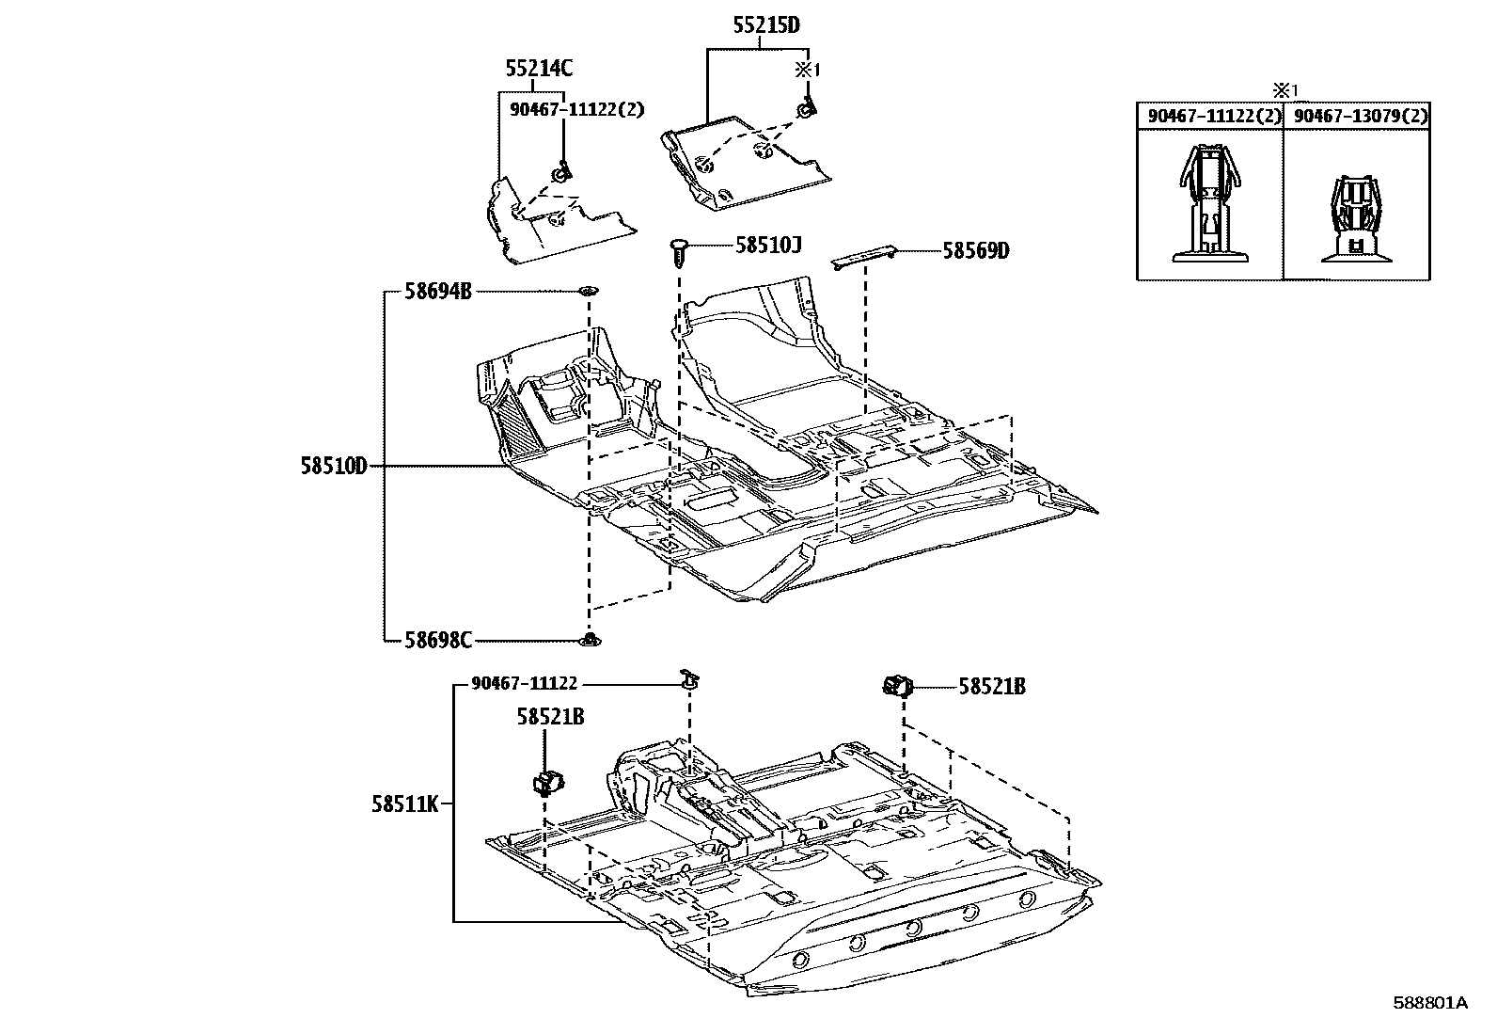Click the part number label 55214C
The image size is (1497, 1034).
(539, 68)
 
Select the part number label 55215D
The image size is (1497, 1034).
(766, 25)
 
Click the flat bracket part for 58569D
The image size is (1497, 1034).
(864, 255)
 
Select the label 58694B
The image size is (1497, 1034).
(438, 292)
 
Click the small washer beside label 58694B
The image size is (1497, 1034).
(590, 291)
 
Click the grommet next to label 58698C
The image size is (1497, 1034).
(590, 640)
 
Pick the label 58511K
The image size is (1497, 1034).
(404, 803)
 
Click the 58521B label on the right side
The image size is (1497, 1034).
(992, 687)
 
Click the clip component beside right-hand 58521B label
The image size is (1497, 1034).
(899, 686)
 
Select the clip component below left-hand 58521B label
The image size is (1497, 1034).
(546, 780)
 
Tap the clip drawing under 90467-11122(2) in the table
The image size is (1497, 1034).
(1208, 204)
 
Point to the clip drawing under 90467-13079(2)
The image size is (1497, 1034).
(1355, 218)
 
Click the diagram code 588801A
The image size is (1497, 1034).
(1430, 1003)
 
